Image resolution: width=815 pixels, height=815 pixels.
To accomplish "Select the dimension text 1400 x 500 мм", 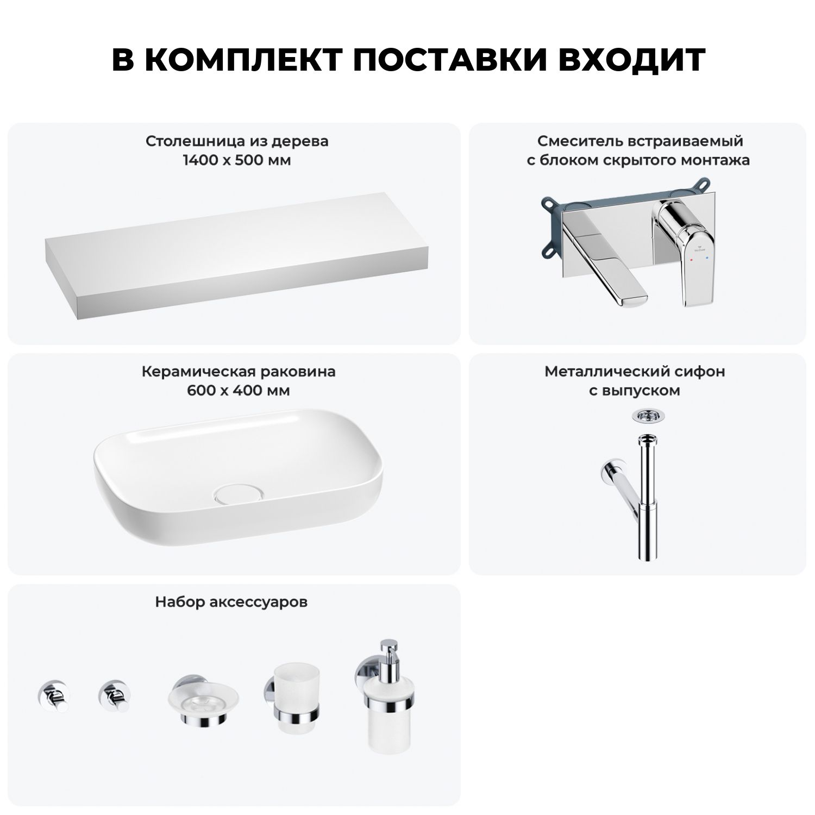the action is point(237,160).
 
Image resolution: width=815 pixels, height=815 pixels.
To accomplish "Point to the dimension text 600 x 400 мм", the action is point(238,391).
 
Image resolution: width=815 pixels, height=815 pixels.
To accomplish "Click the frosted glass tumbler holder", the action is point(292,700).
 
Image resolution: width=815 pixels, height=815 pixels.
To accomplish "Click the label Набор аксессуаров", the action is point(231,602).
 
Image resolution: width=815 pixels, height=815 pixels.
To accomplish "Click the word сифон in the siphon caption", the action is point(705,372).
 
